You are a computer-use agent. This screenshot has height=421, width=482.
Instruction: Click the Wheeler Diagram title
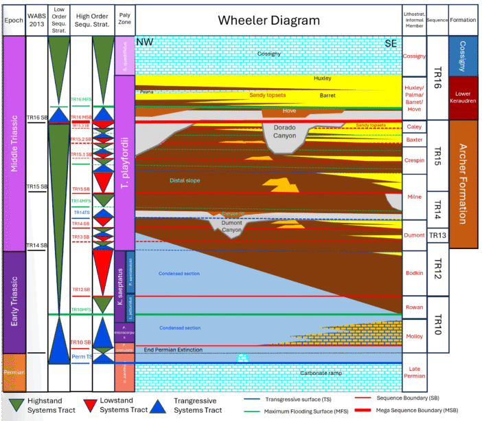coord(268,20)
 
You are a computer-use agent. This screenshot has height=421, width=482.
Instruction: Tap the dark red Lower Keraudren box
coord(463,98)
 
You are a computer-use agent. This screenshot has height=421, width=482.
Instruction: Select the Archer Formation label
coord(463,184)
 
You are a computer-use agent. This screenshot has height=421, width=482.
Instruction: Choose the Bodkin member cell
coord(414,273)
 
